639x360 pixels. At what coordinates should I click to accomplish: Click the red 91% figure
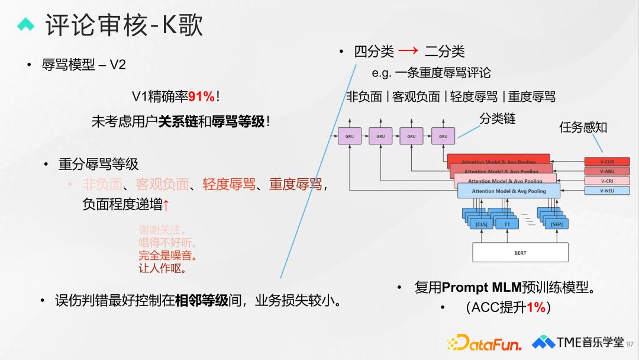(x=201, y=97)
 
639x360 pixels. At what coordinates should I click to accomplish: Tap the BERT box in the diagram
(x=520, y=253)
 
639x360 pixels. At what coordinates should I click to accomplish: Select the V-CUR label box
(x=606, y=162)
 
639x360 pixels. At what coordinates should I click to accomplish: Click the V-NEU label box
(x=606, y=191)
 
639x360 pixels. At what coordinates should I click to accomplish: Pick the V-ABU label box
(x=606, y=172)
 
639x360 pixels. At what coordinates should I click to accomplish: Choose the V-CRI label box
(x=606, y=181)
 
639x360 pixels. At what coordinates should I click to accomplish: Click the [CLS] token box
(x=482, y=224)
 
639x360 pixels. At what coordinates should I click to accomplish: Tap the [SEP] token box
(x=556, y=224)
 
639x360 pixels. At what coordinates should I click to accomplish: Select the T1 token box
(x=507, y=224)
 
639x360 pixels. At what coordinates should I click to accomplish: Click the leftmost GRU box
(x=349, y=136)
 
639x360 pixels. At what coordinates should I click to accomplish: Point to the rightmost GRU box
(x=443, y=136)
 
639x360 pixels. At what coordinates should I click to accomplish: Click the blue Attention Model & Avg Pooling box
(x=509, y=191)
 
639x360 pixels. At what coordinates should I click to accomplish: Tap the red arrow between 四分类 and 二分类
(x=408, y=52)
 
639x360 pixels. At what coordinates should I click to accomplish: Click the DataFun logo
(x=484, y=343)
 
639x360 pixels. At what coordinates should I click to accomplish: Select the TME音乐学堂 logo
(x=577, y=342)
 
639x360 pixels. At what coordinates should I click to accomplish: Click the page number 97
(x=630, y=344)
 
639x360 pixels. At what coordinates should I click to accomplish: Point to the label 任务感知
(x=583, y=127)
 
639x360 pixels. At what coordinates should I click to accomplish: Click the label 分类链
(x=497, y=119)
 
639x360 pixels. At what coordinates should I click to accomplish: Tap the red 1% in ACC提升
(x=535, y=307)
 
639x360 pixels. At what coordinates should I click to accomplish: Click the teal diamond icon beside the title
(x=27, y=24)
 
